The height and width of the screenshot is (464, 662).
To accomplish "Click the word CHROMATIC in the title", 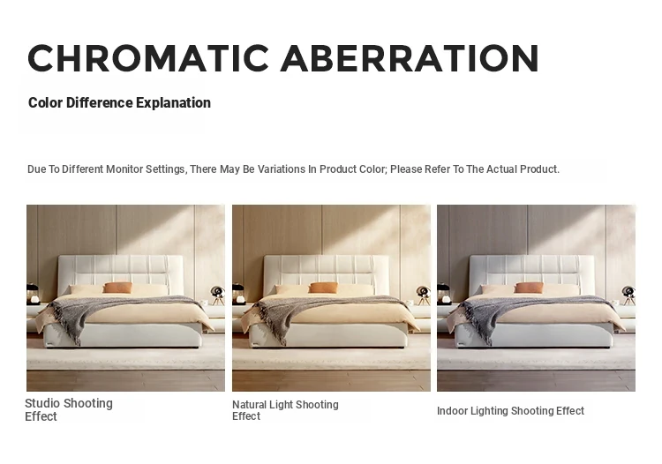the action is coord(148,58).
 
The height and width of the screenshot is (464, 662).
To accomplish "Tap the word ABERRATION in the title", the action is coord(410,58).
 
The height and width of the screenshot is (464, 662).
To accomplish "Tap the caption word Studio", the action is coord(44,403).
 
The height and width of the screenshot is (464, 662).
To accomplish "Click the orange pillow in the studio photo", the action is coord(117,288).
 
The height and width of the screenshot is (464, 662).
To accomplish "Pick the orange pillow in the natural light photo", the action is coord(323,288).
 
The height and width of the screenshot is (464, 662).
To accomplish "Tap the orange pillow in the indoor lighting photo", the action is coord(529,288).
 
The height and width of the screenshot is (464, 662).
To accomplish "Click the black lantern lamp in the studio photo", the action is coord(33,294).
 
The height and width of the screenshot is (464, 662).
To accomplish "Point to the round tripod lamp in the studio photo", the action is coord(217,295).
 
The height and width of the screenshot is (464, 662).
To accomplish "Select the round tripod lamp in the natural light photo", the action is coord(423,295).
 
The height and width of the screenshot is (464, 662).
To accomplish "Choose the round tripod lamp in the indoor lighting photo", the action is coord(628,295).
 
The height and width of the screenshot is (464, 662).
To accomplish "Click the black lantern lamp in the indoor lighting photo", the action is coord(443,294).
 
